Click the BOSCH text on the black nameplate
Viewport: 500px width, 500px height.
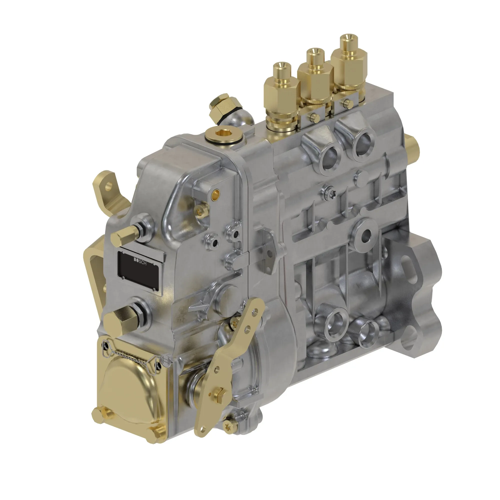[x=140, y=262]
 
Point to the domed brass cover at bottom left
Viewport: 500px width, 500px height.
[x=129, y=388]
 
